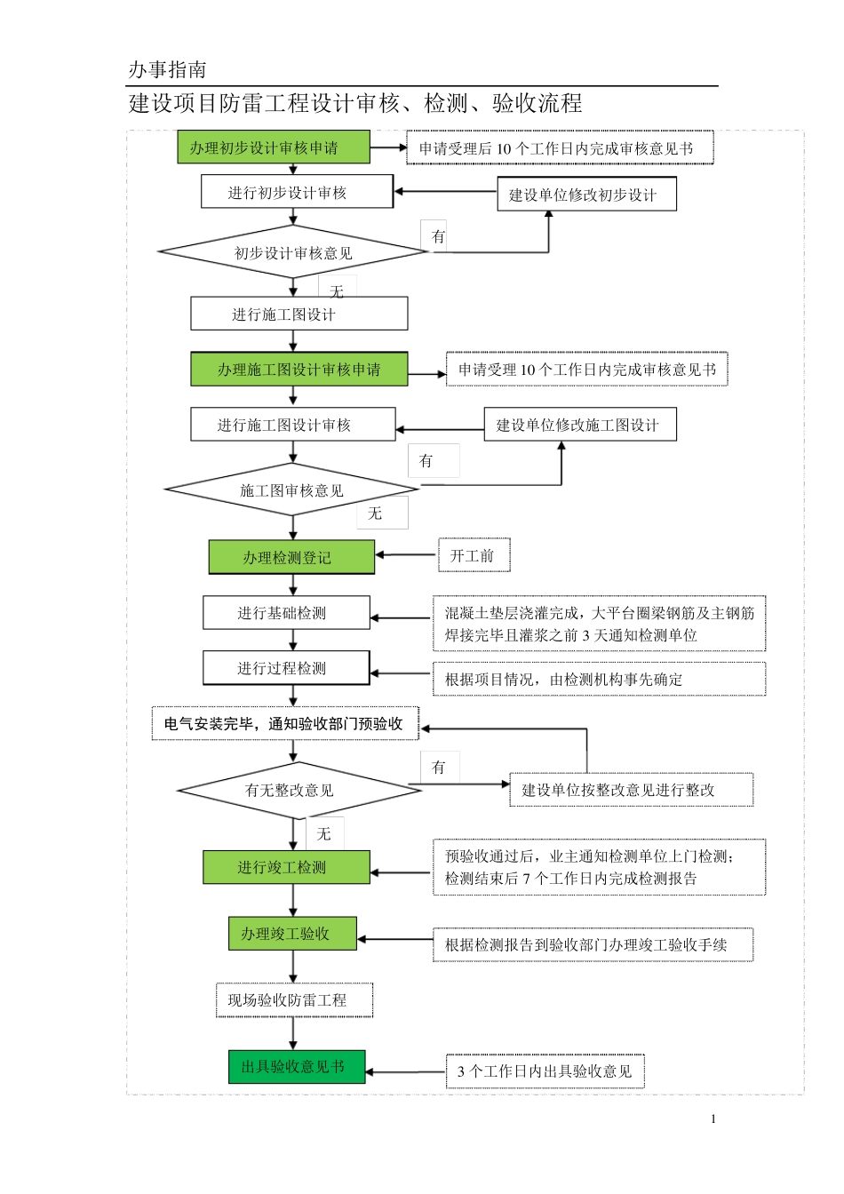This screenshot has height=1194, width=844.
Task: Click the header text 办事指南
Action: pyautogui.click(x=168, y=69)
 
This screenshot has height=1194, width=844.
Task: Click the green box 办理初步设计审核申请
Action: pyautogui.click(x=273, y=147)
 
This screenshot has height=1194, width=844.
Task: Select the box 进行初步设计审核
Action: pyautogui.click(x=297, y=192)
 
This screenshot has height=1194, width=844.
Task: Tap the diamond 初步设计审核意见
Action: pyautogui.click(x=293, y=252)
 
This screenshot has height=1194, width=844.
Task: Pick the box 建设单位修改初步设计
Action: pyautogui.click(x=586, y=195)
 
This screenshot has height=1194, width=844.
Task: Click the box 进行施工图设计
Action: pyautogui.click(x=299, y=314)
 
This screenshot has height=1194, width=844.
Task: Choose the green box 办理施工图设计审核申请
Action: pyautogui.click(x=299, y=369)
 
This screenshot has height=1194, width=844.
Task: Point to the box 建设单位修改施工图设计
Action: pyautogui.click(x=579, y=425)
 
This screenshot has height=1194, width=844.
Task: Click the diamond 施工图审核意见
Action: pyautogui.click(x=291, y=490)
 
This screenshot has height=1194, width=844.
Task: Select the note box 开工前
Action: pyautogui.click(x=473, y=555)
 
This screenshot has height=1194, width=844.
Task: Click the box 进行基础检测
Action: pyautogui.click(x=286, y=613)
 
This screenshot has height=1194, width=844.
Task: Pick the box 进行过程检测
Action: pyautogui.click(x=286, y=668)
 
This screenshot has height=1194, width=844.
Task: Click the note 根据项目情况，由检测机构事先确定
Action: pyautogui.click(x=599, y=679)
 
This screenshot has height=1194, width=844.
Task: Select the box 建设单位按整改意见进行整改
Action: pyautogui.click(x=631, y=790)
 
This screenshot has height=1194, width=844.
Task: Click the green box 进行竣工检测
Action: pyautogui.click(x=286, y=867)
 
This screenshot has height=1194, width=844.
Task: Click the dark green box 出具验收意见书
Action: pyautogui.click(x=297, y=1066)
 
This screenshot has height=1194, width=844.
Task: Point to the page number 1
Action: pyautogui.click(x=713, y=1118)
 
